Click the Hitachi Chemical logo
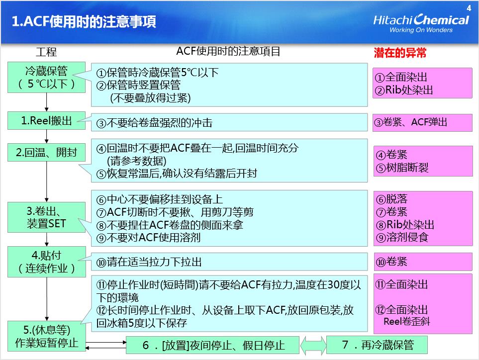click(421, 23)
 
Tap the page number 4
click(469, 8)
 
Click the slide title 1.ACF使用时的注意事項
click(84, 22)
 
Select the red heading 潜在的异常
click(400, 53)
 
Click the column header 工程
click(46, 52)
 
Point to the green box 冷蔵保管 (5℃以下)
click(46, 77)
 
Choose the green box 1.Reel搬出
click(46, 121)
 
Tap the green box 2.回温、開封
click(46, 152)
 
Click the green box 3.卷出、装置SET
click(46, 217)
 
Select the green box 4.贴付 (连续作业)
click(47, 262)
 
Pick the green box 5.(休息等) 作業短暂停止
click(47, 336)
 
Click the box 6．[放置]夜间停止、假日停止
click(212, 345)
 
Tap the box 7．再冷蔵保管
click(377, 345)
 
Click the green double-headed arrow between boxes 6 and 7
click(313, 346)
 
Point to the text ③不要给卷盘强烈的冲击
click(154, 123)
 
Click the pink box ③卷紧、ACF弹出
click(422, 123)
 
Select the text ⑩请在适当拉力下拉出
click(149, 262)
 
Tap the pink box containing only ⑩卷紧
click(423, 262)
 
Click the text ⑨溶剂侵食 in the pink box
click(402, 237)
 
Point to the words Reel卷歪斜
click(406, 321)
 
